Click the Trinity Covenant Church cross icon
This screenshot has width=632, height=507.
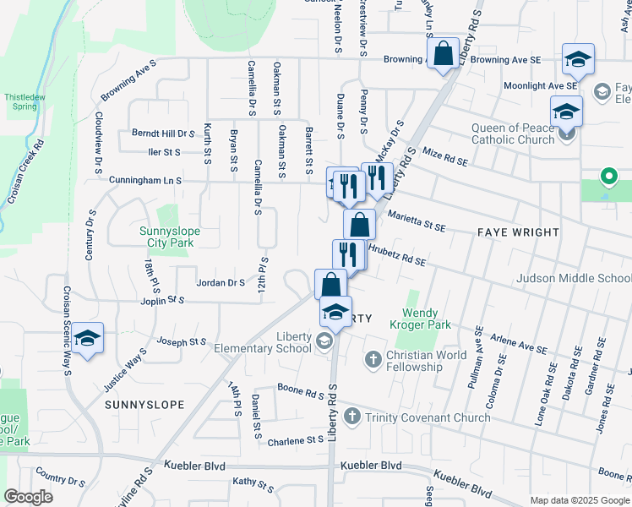coord(351,417)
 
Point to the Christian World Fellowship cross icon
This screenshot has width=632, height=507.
coord(373,360)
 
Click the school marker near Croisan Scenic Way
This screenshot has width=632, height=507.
coord(87,339)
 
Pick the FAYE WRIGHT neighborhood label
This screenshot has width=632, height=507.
coord(518,232)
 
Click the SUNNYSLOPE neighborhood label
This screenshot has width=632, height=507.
coord(144,405)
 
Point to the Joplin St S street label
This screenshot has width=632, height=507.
coord(164,299)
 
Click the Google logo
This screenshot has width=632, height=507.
coord(28,497)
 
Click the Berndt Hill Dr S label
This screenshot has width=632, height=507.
coord(163,134)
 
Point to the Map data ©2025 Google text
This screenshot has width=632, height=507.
coord(579,500)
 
